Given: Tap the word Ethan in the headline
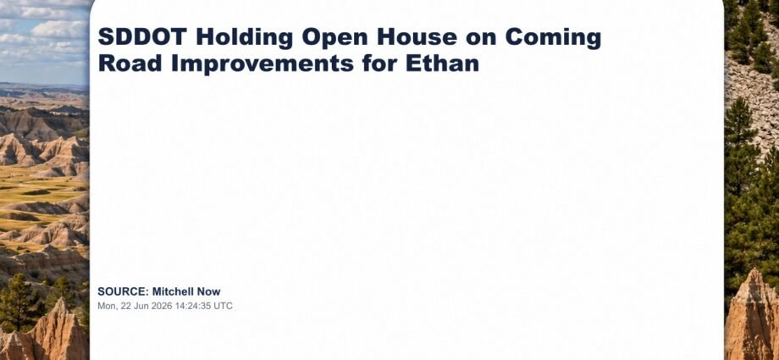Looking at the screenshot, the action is tap(442, 64).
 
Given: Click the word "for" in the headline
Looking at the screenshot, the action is tap(379, 64).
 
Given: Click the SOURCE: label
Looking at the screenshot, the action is tap(124, 292).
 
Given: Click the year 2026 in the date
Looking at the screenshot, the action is tap(159, 306).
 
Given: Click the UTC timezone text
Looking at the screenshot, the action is tap(223, 306).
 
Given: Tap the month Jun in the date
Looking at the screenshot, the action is tap(141, 306).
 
